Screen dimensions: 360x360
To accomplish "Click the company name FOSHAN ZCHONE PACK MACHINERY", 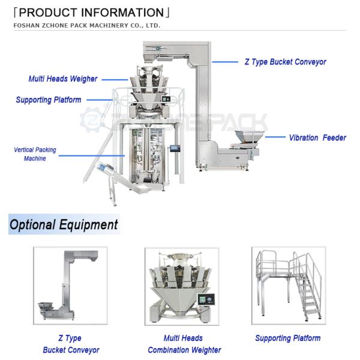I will [87, 26].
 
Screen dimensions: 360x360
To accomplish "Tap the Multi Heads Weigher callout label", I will [63, 79].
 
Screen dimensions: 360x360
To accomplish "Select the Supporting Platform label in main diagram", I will [48, 100].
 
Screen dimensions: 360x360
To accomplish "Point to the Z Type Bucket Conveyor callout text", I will [285, 62].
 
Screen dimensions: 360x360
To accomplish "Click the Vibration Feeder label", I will [317, 137].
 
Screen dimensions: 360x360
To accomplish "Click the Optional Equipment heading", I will [64, 225].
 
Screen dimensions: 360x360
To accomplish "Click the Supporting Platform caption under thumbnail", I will [287, 338].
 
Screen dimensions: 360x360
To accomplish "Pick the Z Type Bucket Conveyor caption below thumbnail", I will [71, 344].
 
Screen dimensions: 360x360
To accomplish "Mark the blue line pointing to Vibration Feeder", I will [275, 137].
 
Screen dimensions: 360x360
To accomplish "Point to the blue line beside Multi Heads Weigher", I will [115, 79].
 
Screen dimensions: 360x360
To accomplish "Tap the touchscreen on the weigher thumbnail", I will [207, 299].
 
